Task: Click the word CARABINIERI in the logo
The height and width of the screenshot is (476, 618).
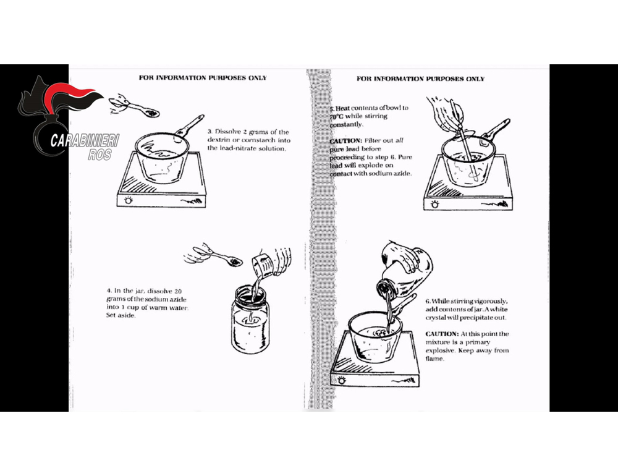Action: pos(85,140)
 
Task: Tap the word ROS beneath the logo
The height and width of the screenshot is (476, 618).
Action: pos(99,154)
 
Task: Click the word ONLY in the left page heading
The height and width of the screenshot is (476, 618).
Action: pos(257,78)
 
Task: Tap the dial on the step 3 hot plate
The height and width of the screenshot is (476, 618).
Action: pos(129,200)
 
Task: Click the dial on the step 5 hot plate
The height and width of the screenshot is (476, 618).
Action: pos(434,204)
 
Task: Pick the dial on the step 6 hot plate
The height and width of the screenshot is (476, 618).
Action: pos(341,380)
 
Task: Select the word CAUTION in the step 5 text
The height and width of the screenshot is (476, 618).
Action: pos(345,141)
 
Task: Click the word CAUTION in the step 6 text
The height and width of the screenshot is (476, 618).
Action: pos(442,334)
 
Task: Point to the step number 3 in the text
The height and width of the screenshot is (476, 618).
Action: pos(210,132)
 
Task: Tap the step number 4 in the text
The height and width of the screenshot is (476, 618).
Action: pos(108,291)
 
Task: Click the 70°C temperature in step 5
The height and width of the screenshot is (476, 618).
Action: pos(336,116)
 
